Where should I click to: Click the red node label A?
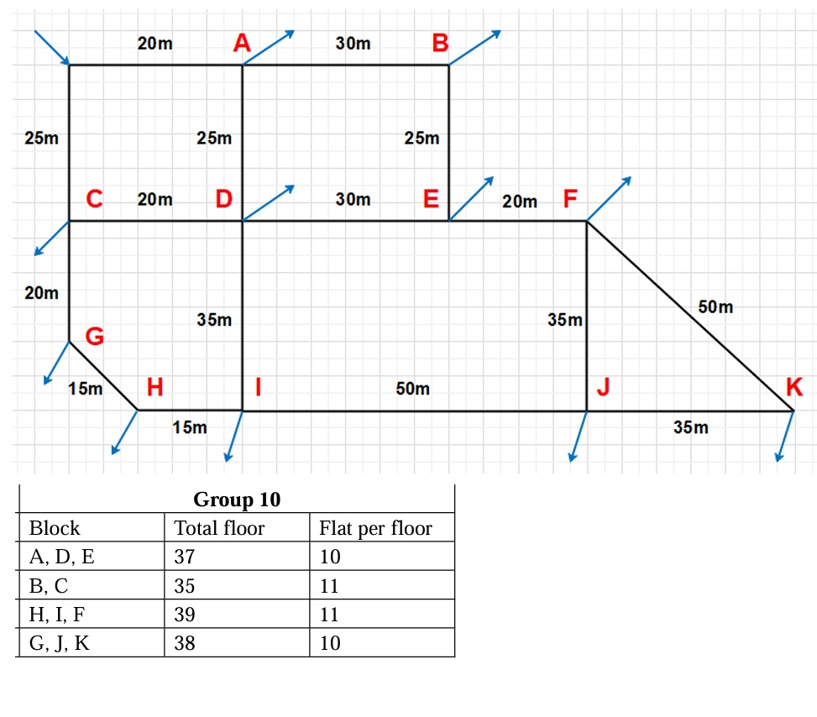pos(242,43)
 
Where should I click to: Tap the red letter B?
pos(440,43)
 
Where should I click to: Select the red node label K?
pos(793,387)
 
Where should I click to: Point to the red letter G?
pos(95,338)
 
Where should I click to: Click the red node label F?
pos(570,199)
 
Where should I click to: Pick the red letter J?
pos(602,387)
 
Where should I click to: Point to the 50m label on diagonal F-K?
pos(715,307)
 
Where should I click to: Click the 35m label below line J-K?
pos(690,428)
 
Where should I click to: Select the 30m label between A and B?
pos(353,44)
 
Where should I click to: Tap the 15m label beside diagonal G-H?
pos(85,389)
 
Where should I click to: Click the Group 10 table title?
pos(237,500)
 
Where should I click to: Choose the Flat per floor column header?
pos(375,528)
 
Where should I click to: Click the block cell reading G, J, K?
pos(59,644)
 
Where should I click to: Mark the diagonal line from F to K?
pos(689,316)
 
